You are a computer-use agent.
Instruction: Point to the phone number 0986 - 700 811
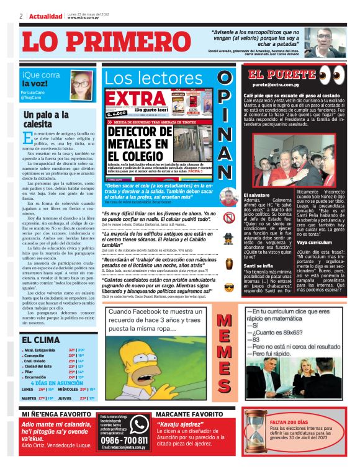point(123,440)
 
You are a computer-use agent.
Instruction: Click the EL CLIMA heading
point(41,340)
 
